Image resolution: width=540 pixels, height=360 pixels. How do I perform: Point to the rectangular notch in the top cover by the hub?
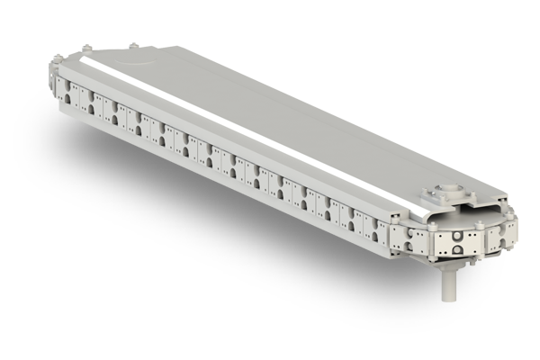tap(423, 200)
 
